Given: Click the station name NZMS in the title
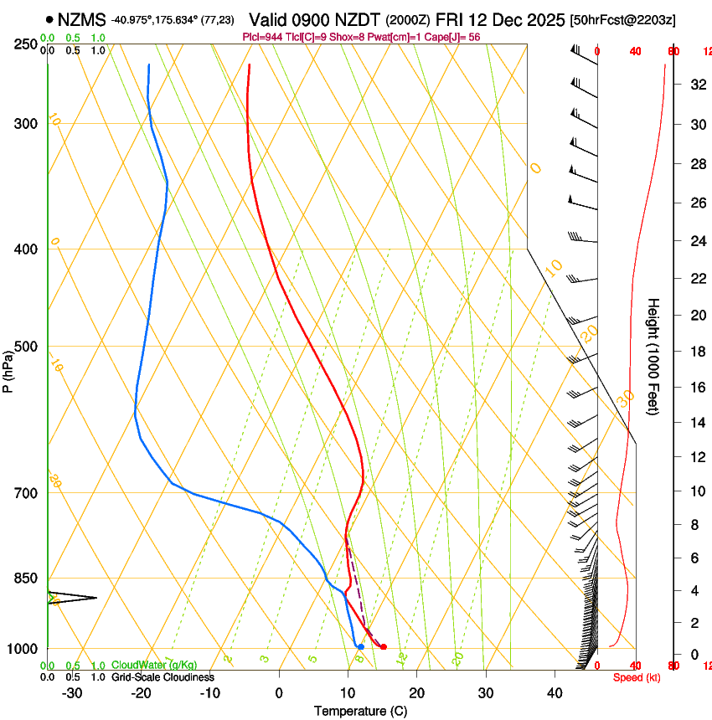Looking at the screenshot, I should click(x=83, y=19).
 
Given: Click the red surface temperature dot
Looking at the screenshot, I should click(x=384, y=646).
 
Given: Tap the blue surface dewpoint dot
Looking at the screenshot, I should click(x=360, y=646).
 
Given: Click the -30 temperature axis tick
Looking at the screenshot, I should click(x=72, y=693).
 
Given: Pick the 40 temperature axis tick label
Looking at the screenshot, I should click(x=555, y=693).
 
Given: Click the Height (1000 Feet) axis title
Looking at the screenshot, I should click(x=654, y=356).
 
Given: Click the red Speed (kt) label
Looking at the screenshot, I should click(x=636, y=677).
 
